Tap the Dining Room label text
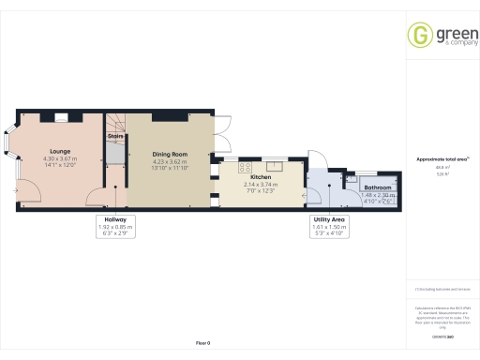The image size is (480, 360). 170,154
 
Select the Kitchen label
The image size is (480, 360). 261,176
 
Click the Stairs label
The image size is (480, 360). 115,136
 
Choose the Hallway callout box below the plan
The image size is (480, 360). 115,226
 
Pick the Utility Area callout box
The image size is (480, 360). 329,226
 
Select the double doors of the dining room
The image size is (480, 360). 221,132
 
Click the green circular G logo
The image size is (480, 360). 418,36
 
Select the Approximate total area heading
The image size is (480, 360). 442,159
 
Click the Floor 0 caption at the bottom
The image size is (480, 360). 203,344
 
